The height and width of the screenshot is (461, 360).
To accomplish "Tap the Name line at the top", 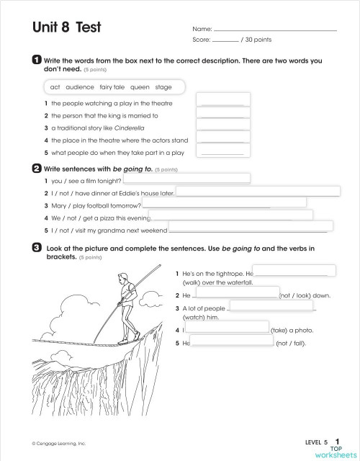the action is (x=276, y=30).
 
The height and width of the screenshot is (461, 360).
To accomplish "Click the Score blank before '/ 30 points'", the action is (x=225, y=40).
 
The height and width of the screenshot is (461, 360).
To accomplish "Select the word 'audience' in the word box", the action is (x=80, y=87).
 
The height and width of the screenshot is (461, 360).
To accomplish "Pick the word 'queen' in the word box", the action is (x=140, y=87).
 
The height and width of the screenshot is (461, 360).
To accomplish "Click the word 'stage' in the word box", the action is (x=163, y=87).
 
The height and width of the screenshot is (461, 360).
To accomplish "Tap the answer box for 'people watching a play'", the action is (x=222, y=99).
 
